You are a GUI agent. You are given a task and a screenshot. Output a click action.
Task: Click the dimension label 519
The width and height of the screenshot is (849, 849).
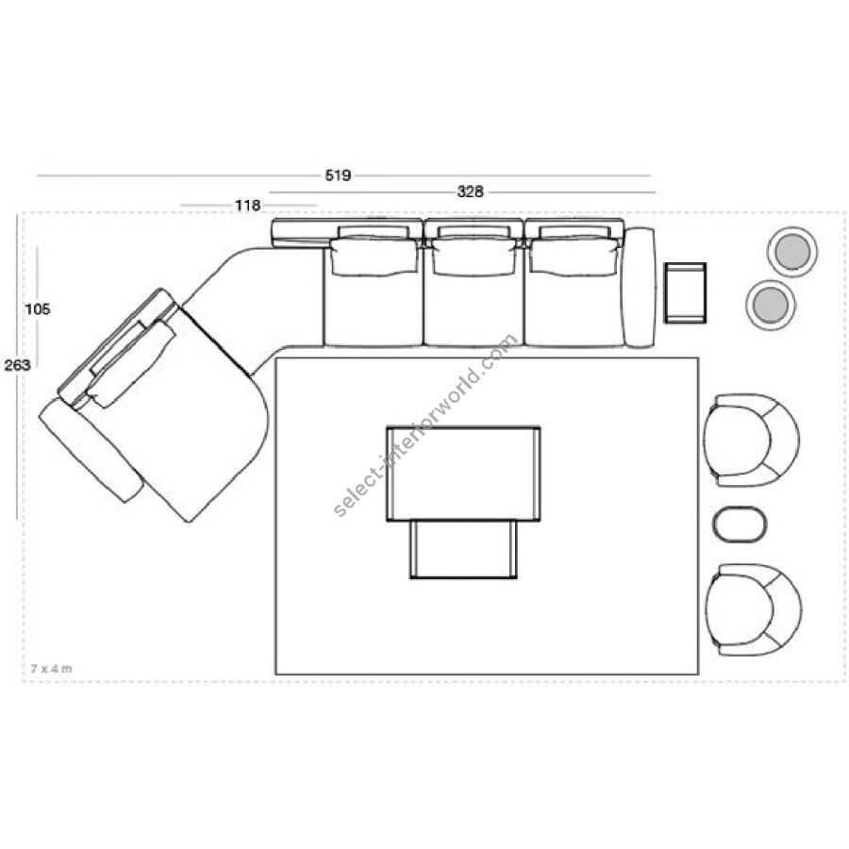338,175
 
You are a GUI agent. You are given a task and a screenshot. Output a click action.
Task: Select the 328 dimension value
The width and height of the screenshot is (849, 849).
471,191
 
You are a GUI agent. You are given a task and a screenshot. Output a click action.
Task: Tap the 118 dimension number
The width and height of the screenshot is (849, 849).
247,206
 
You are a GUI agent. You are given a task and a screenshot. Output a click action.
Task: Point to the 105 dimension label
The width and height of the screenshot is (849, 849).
38,309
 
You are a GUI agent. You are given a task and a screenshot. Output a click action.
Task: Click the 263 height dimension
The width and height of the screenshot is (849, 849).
17,365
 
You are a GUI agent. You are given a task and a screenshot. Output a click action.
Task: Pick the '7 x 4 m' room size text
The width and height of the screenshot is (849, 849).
52,669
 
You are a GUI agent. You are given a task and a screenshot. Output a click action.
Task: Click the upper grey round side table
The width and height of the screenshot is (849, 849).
792,252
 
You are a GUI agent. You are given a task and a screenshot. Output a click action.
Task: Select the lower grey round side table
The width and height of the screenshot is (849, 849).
771,305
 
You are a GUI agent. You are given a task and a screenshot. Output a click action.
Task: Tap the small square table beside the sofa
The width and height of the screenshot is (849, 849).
686,293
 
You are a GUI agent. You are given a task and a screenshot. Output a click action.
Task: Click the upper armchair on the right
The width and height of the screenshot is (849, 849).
752,441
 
